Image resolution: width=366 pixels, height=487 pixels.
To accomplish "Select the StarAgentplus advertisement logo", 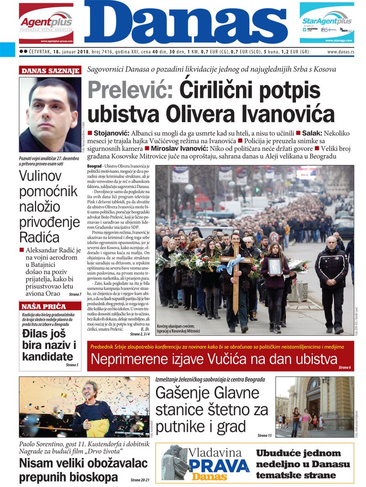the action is pyautogui.click(x=326, y=21).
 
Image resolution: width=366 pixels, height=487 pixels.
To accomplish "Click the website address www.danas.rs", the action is pyautogui.click(x=340, y=52).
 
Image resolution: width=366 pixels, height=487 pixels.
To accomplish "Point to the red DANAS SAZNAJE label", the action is pyautogui.click(x=50, y=71).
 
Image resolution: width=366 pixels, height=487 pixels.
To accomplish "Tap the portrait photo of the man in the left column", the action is pyautogui.click(x=49, y=114).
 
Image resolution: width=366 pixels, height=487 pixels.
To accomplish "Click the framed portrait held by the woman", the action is pyautogui.click(x=275, y=266).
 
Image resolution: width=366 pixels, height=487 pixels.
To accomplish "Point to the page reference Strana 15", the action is pyautogui.click(x=264, y=435).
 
